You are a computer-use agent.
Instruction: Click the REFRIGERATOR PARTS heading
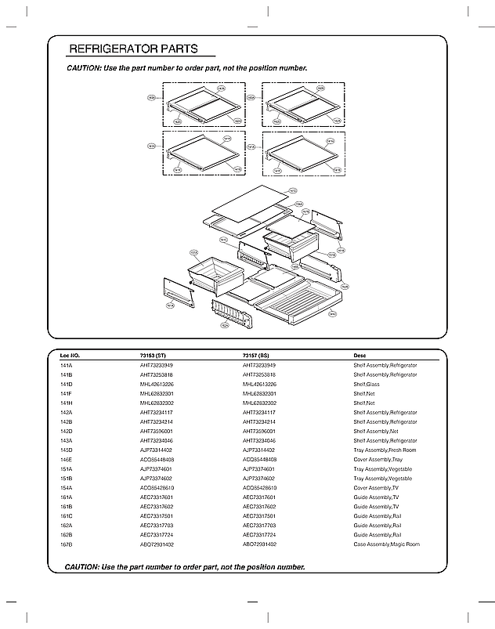tap(133, 49)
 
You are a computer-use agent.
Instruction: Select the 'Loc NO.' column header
tap(70, 356)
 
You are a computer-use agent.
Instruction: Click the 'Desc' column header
tap(360, 356)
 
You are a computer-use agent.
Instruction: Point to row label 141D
tap(66, 385)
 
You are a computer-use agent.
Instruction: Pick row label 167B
tap(66, 544)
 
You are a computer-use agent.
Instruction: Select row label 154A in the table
tap(66, 488)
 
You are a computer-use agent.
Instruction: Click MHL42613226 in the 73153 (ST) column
tap(157, 385)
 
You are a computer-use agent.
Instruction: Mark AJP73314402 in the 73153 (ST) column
tap(157, 450)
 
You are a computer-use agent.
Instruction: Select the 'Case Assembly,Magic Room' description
tap(386, 544)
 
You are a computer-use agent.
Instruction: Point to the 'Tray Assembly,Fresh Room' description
tap(385, 450)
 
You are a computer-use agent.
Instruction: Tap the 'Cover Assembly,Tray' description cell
tap(378, 460)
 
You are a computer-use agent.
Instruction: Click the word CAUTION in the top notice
tap(83, 68)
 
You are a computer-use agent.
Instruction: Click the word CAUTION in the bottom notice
tap(81, 566)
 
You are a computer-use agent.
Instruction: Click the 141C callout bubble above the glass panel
tap(292, 190)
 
